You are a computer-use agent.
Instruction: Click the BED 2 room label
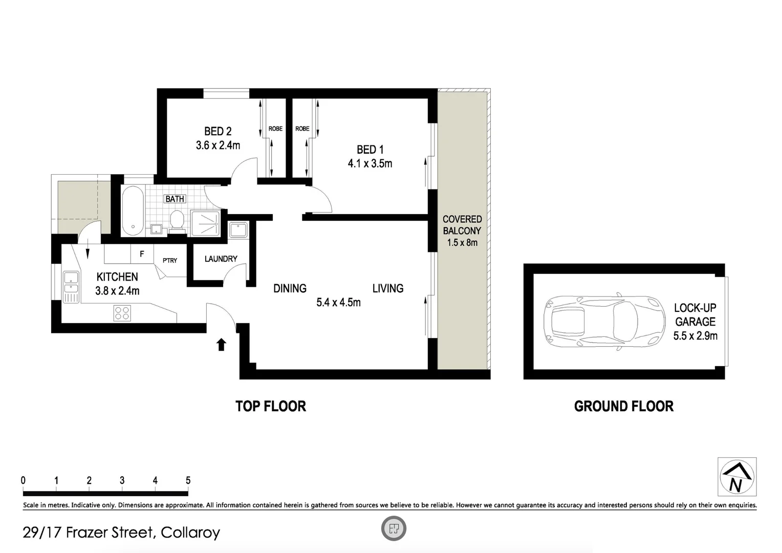tap(218, 132)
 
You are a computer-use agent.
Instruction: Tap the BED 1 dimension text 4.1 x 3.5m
tap(370, 164)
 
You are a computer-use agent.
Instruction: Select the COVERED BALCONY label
tap(462, 225)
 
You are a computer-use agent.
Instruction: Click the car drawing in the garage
tap(604, 322)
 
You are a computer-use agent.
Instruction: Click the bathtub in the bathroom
tap(133, 210)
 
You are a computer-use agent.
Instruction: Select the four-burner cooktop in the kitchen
tap(122, 313)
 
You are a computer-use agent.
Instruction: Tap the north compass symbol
tap(737, 477)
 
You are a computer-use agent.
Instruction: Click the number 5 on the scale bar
tap(188, 480)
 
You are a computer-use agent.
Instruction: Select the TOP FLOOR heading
tap(271, 407)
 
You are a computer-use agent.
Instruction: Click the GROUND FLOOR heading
tap(623, 407)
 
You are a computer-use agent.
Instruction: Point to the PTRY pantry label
tap(170, 261)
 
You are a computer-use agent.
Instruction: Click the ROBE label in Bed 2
tap(275, 129)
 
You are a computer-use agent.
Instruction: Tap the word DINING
tap(290, 288)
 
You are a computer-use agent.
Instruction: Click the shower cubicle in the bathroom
tap(205, 223)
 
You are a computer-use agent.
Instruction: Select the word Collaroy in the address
tap(190, 533)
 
